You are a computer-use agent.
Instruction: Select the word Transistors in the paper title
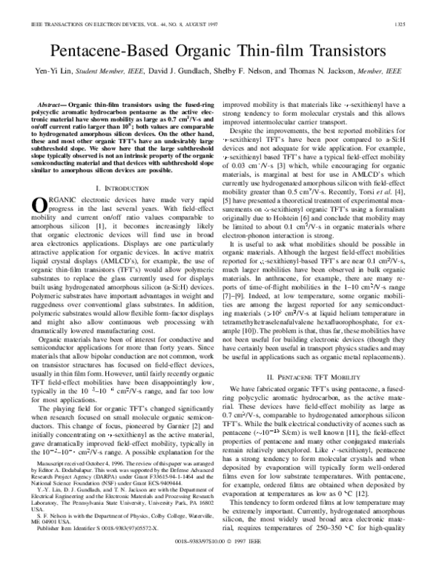346,52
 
